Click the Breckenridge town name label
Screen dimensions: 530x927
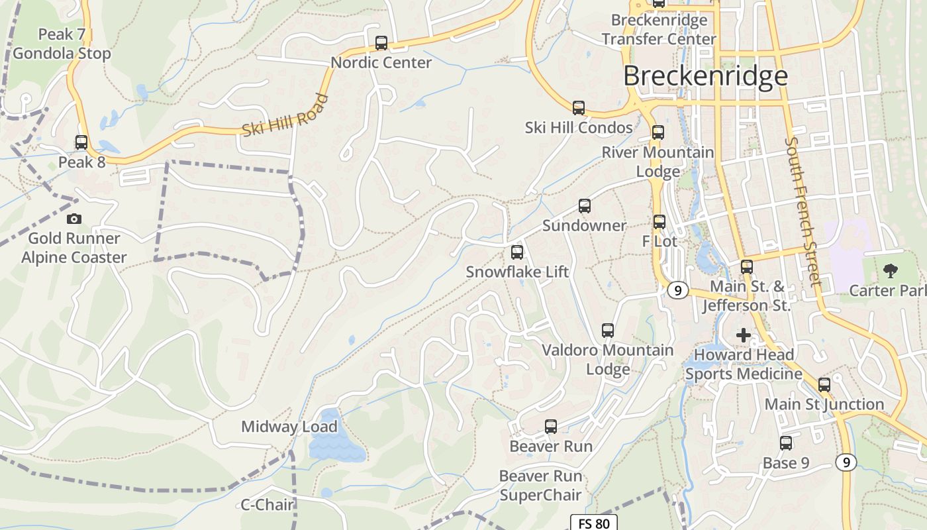(705, 76)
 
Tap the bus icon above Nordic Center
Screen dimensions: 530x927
(381, 43)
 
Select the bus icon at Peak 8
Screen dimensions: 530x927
(81, 142)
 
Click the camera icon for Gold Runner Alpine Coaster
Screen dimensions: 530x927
(74, 219)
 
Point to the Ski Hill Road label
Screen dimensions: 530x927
(285, 116)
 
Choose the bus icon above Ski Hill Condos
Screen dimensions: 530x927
(579, 108)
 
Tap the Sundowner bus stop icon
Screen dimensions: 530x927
(584, 206)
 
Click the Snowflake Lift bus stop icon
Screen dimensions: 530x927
(517, 252)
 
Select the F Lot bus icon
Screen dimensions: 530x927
(659, 222)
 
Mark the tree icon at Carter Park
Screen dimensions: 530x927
(891, 270)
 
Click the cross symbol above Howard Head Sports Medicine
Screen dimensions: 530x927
(744, 335)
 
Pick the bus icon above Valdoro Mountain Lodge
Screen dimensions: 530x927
(608, 331)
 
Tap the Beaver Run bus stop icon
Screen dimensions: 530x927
(551, 427)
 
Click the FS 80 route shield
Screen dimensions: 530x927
(594, 523)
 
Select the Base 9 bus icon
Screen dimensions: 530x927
(786, 443)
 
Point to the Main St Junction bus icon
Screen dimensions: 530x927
(824, 385)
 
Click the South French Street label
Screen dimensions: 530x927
(803, 212)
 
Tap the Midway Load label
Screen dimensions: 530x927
(289, 427)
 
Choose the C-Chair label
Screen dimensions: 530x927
(267, 505)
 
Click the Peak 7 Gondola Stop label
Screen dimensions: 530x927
(62, 44)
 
